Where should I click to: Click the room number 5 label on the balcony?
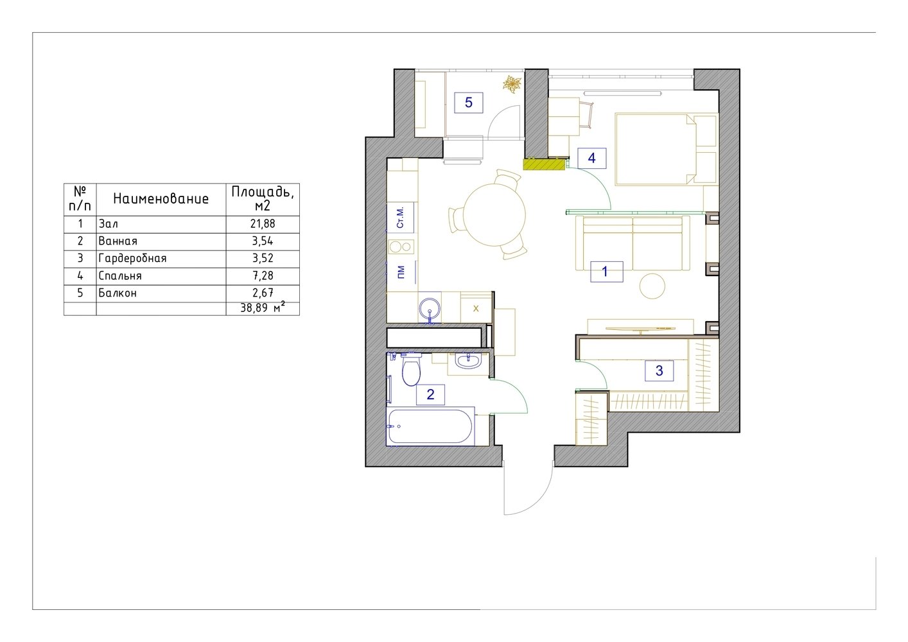(468, 103)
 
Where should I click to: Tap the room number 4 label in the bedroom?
(591, 158)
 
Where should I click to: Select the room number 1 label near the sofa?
(606, 272)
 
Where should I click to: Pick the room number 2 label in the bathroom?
(430, 394)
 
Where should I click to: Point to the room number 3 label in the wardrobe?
(659, 370)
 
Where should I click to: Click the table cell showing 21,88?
(263, 223)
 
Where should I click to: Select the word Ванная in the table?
(118, 241)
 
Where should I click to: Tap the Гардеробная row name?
(132, 258)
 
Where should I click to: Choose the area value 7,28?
(263, 275)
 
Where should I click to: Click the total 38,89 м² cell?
(263, 308)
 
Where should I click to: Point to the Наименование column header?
(161, 198)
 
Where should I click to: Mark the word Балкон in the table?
(118, 293)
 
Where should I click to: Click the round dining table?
(494, 215)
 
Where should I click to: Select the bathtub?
(430, 426)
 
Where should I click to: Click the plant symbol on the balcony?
(512, 84)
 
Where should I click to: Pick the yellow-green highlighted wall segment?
(544, 164)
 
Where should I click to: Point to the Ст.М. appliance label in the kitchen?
(400, 218)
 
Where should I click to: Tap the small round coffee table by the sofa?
(652, 286)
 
